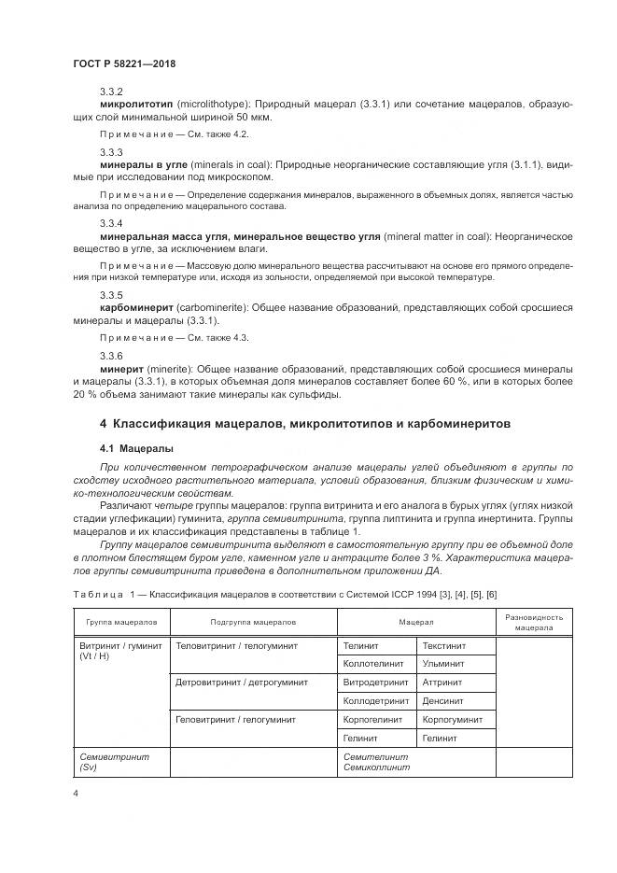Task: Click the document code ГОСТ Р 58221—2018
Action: tap(124, 63)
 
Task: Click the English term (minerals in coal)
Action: tap(247, 164)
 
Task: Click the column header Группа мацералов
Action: tap(121, 621)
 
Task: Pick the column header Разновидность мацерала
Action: tap(534, 622)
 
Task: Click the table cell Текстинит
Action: tap(443, 645)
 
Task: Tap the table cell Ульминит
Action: tap(442, 664)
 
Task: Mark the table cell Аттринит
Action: tap(442, 683)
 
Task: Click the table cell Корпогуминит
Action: tap(452, 720)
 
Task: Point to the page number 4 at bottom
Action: tap(76, 795)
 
